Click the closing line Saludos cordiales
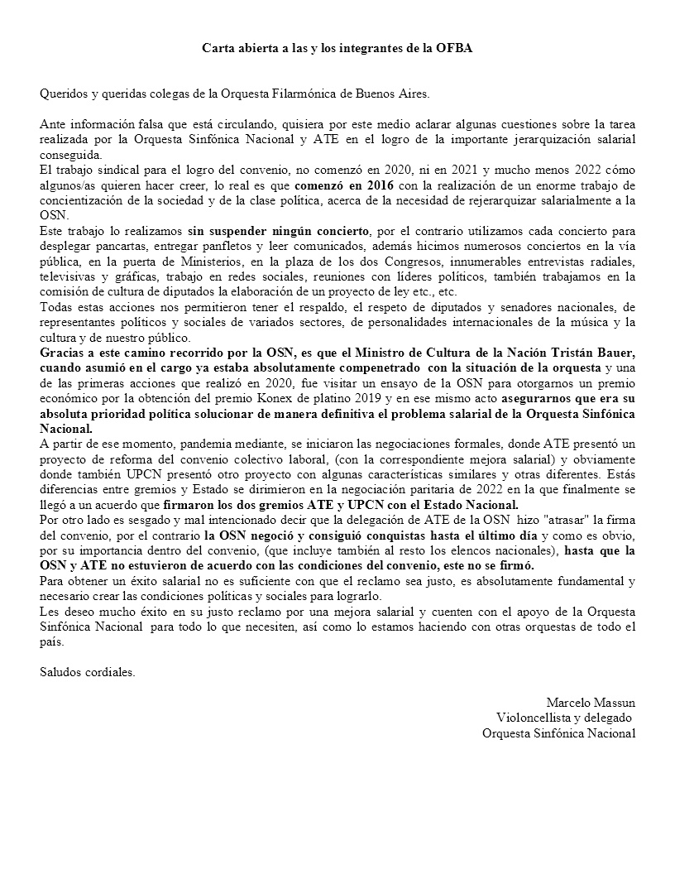(x=88, y=671)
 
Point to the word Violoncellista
(x=534, y=717)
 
